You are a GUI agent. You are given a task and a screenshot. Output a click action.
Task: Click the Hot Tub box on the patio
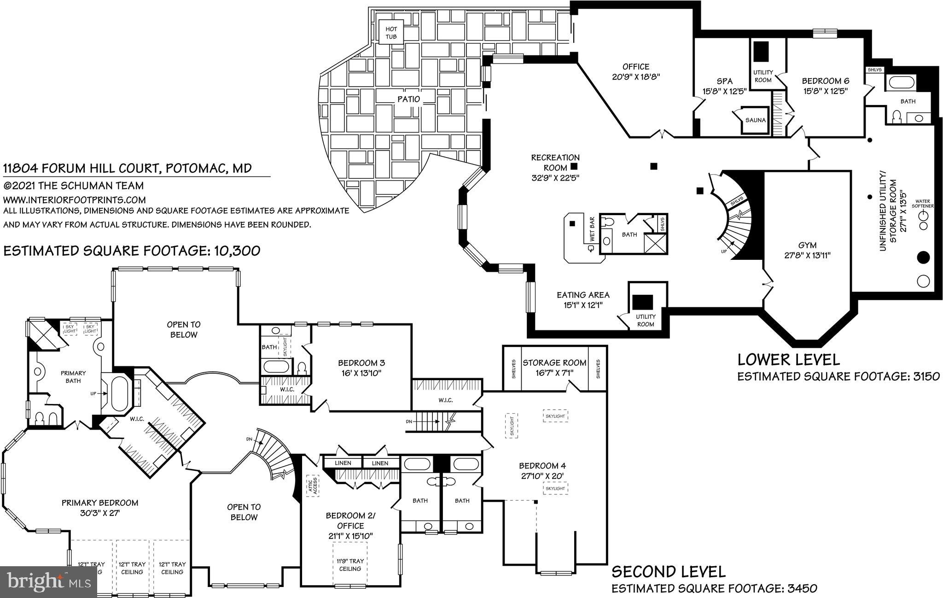tap(391, 33)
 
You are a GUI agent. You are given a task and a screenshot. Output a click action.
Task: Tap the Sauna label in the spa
tap(755, 120)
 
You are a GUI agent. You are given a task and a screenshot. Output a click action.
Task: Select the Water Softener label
tap(924, 204)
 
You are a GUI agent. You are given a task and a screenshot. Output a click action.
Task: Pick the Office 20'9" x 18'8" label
tap(636, 72)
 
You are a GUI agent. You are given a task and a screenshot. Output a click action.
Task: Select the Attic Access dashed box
tap(313, 486)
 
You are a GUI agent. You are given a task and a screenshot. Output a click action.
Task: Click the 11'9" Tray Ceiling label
tap(350, 565)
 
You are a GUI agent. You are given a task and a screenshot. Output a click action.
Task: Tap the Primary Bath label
tap(73, 376)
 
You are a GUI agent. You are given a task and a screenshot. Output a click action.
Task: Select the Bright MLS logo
tap(48, 581)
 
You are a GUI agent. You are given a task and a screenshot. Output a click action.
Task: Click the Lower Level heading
tap(788, 359)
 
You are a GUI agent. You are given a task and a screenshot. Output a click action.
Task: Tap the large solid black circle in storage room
tap(923, 258)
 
